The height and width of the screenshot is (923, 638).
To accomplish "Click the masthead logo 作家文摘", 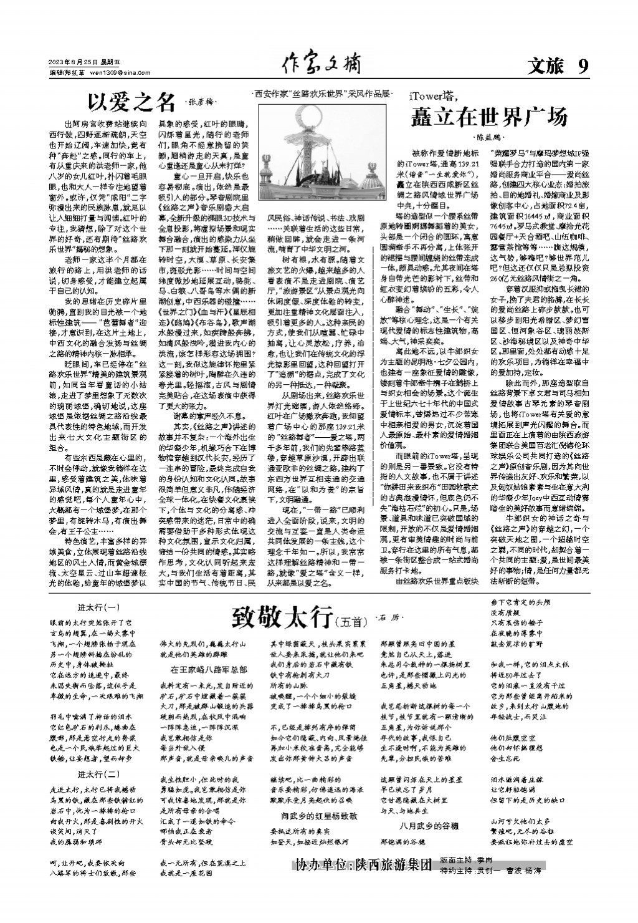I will (321, 64).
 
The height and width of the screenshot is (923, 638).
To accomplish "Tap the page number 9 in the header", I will (583, 66).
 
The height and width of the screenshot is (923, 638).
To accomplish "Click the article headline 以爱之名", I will (131, 100).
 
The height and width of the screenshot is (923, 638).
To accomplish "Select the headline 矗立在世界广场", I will (488, 117).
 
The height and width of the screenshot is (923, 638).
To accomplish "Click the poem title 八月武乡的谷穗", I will (429, 826).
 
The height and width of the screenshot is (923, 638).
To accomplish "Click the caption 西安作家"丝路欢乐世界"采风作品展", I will (324, 92).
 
